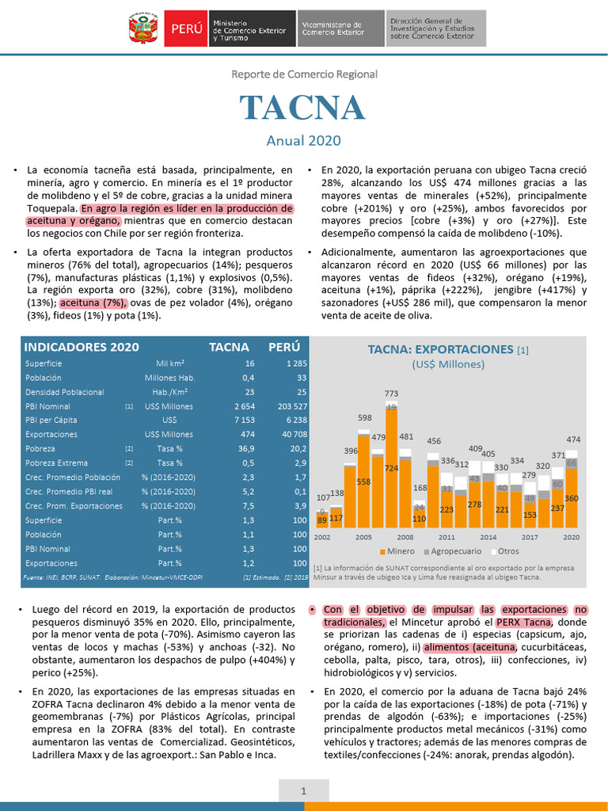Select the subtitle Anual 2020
click(x=303, y=141)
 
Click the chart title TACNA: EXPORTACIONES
click(x=442, y=349)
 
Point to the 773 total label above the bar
click(x=391, y=394)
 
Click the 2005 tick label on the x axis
click(x=363, y=536)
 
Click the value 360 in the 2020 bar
click(x=571, y=499)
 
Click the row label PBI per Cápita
click(x=51, y=421)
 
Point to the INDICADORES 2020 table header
click(x=82, y=347)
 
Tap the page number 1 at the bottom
click(x=303, y=791)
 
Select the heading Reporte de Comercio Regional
click(x=304, y=74)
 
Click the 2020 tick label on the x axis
click(x=571, y=536)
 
